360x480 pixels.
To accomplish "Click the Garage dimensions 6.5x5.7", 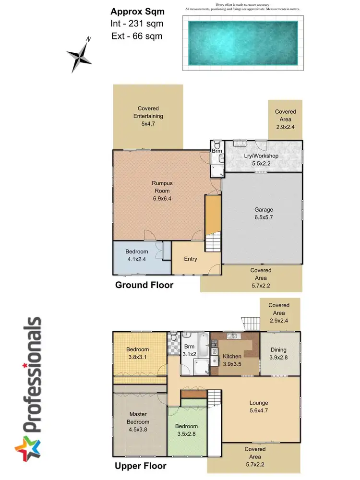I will (264, 217).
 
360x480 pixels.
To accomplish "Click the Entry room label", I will (191, 259).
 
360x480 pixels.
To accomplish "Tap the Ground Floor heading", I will (144, 285).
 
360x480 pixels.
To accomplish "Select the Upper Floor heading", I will (141, 466).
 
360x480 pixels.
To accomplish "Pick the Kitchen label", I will (232, 356).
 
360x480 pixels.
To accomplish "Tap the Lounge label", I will (259, 403).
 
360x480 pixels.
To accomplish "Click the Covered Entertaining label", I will (148, 112).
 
